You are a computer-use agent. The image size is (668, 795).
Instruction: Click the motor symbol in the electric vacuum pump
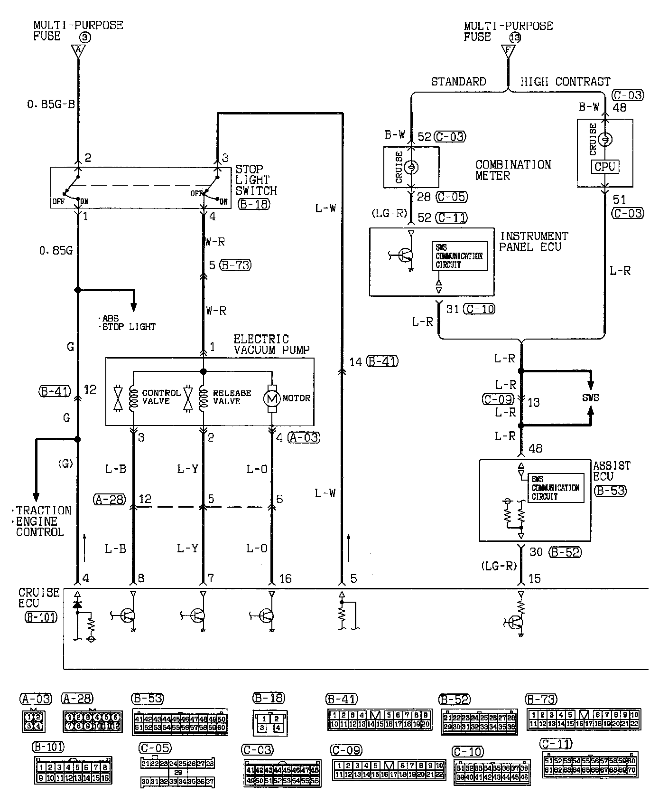(272, 398)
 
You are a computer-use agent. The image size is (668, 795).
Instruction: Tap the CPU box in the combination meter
(605, 167)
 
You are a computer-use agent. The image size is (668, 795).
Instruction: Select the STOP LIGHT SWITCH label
(256, 180)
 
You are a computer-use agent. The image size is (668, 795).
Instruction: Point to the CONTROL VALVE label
(161, 397)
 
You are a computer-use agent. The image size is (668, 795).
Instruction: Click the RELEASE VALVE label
(232, 397)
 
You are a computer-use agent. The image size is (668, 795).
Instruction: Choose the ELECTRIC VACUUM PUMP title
(271, 344)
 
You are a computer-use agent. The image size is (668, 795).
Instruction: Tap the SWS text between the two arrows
(590, 397)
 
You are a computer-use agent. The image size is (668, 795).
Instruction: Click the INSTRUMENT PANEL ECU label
(533, 241)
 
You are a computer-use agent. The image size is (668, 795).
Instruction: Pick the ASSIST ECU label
(612, 471)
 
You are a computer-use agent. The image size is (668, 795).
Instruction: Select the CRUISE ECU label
(39, 598)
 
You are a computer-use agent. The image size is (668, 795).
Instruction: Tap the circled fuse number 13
(514, 38)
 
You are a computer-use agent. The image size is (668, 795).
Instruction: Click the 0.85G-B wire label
(51, 104)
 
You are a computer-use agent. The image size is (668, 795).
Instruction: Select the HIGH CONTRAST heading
(565, 82)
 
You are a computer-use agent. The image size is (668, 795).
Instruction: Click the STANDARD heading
(458, 82)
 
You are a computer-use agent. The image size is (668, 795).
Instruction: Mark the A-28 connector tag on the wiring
(110, 499)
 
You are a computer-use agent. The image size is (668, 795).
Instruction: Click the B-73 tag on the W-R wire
(236, 265)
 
